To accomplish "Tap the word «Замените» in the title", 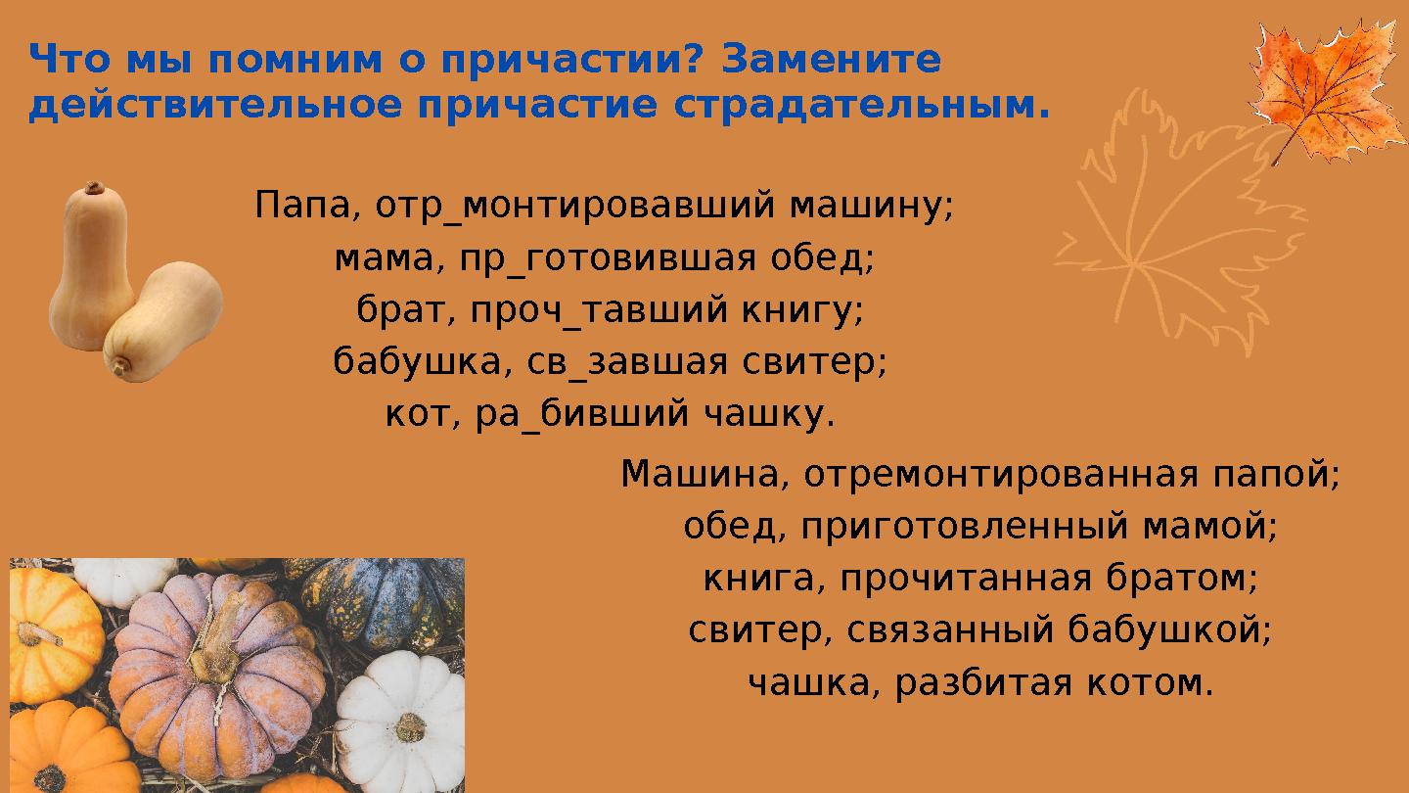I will [x=831, y=61].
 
